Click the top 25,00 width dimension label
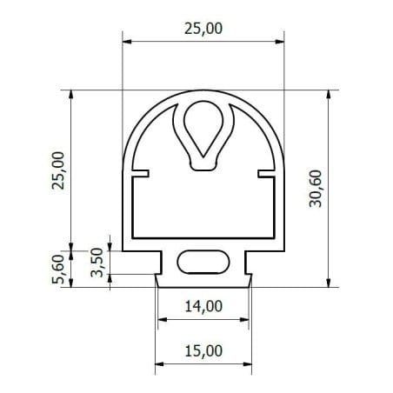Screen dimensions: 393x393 pyautogui.click(x=203, y=29)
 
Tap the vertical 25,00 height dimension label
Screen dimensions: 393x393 pyautogui.click(x=58, y=170)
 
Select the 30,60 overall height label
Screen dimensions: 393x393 pyautogui.click(x=316, y=189)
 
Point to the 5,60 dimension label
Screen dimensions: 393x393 pyautogui.click(x=57, y=269)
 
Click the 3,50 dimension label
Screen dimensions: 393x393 pyautogui.click(x=97, y=263)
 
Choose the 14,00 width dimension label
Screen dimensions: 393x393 pyautogui.click(x=203, y=306)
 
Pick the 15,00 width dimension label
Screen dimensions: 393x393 pyautogui.click(x=203, y=350)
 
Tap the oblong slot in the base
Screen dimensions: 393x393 pyautogui.click(x=203, y=262)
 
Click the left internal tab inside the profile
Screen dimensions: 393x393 pyautogui.click(x=141, y=173)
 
